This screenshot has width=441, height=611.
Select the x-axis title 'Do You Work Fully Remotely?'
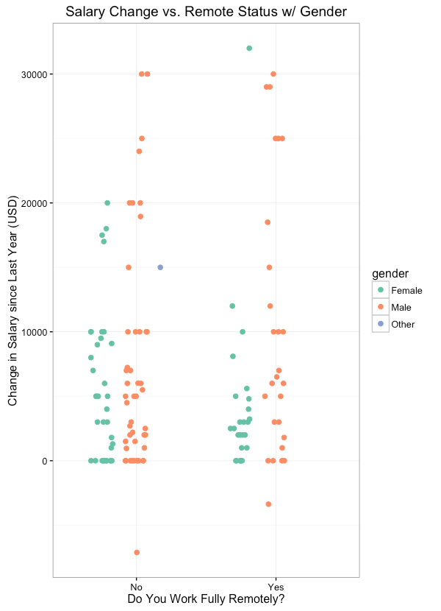[206, 599]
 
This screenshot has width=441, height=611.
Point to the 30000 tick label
[35, 74]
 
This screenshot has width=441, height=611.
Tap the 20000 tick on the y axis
[35, 203]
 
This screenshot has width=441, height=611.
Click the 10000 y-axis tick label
[35, 332]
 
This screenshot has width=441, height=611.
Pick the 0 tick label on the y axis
[45, 461]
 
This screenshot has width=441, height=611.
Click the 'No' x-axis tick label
[136, 587]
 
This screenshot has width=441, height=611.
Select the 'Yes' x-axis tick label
[276, 587]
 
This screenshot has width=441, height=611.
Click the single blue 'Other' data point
[160, 267]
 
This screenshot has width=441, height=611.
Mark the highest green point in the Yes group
[249, 49]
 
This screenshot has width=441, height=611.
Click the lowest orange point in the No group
[137, 552]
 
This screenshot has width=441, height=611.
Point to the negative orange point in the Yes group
[268, 504]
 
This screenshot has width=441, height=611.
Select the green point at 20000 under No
[107, 203]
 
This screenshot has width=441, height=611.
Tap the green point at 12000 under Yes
[232, 306]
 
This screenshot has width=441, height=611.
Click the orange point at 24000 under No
[139, 152]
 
